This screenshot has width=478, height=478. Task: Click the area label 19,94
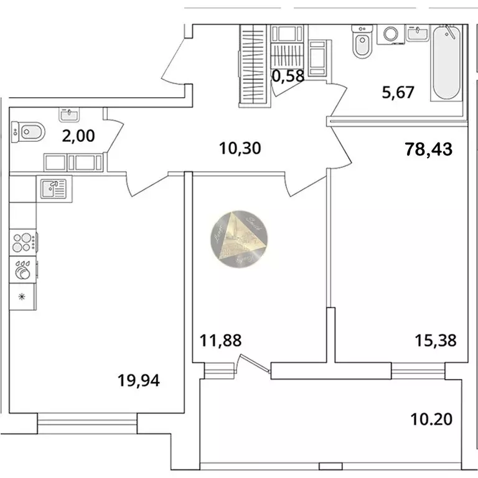click(139, 379)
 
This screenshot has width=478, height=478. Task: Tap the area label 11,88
click(220, 340)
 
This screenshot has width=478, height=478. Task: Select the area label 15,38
click(436, 340)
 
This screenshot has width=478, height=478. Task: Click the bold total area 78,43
click(428, 149)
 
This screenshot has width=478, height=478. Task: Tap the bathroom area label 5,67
click(398, 93)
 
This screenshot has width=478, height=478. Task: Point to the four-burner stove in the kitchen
click(23, 241)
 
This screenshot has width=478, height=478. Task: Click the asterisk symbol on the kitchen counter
click(23, 296)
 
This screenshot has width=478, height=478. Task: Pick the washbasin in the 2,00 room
click(68, 113)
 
